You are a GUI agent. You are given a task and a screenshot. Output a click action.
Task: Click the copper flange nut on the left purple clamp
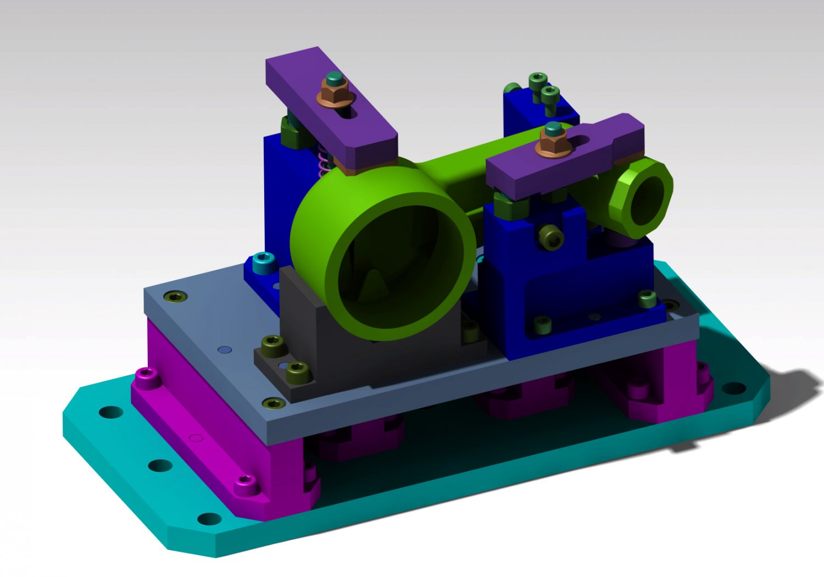point(331,97)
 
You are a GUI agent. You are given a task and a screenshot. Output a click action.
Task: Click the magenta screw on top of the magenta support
point(147,376)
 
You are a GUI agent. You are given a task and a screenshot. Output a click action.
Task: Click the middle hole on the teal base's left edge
point(160,466)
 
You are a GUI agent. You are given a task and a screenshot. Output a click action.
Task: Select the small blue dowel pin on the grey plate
point(224,349)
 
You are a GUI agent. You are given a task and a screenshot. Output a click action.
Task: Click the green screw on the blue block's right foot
point(648,299)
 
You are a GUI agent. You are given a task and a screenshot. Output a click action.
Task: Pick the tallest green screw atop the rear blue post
point(538,81)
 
